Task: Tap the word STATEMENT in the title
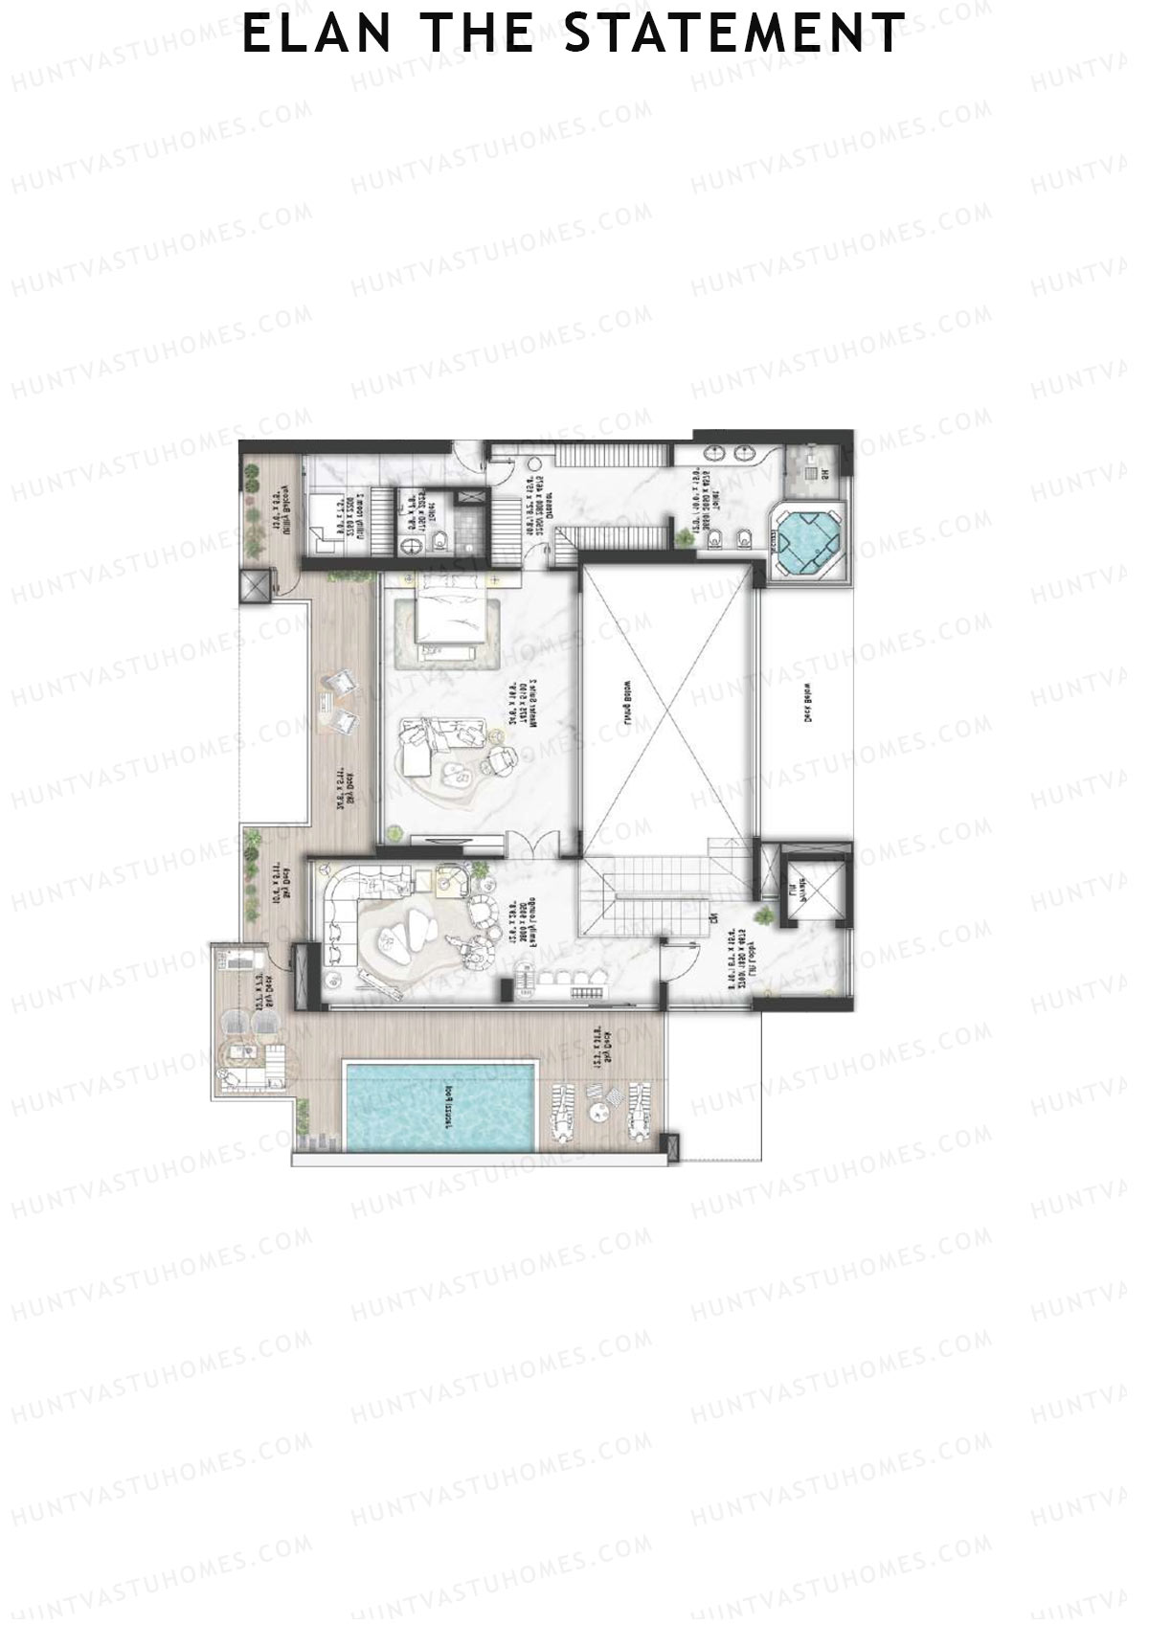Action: click(734, 34)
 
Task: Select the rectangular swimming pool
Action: click(439, 1106)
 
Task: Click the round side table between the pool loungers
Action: click(600, 1113)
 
